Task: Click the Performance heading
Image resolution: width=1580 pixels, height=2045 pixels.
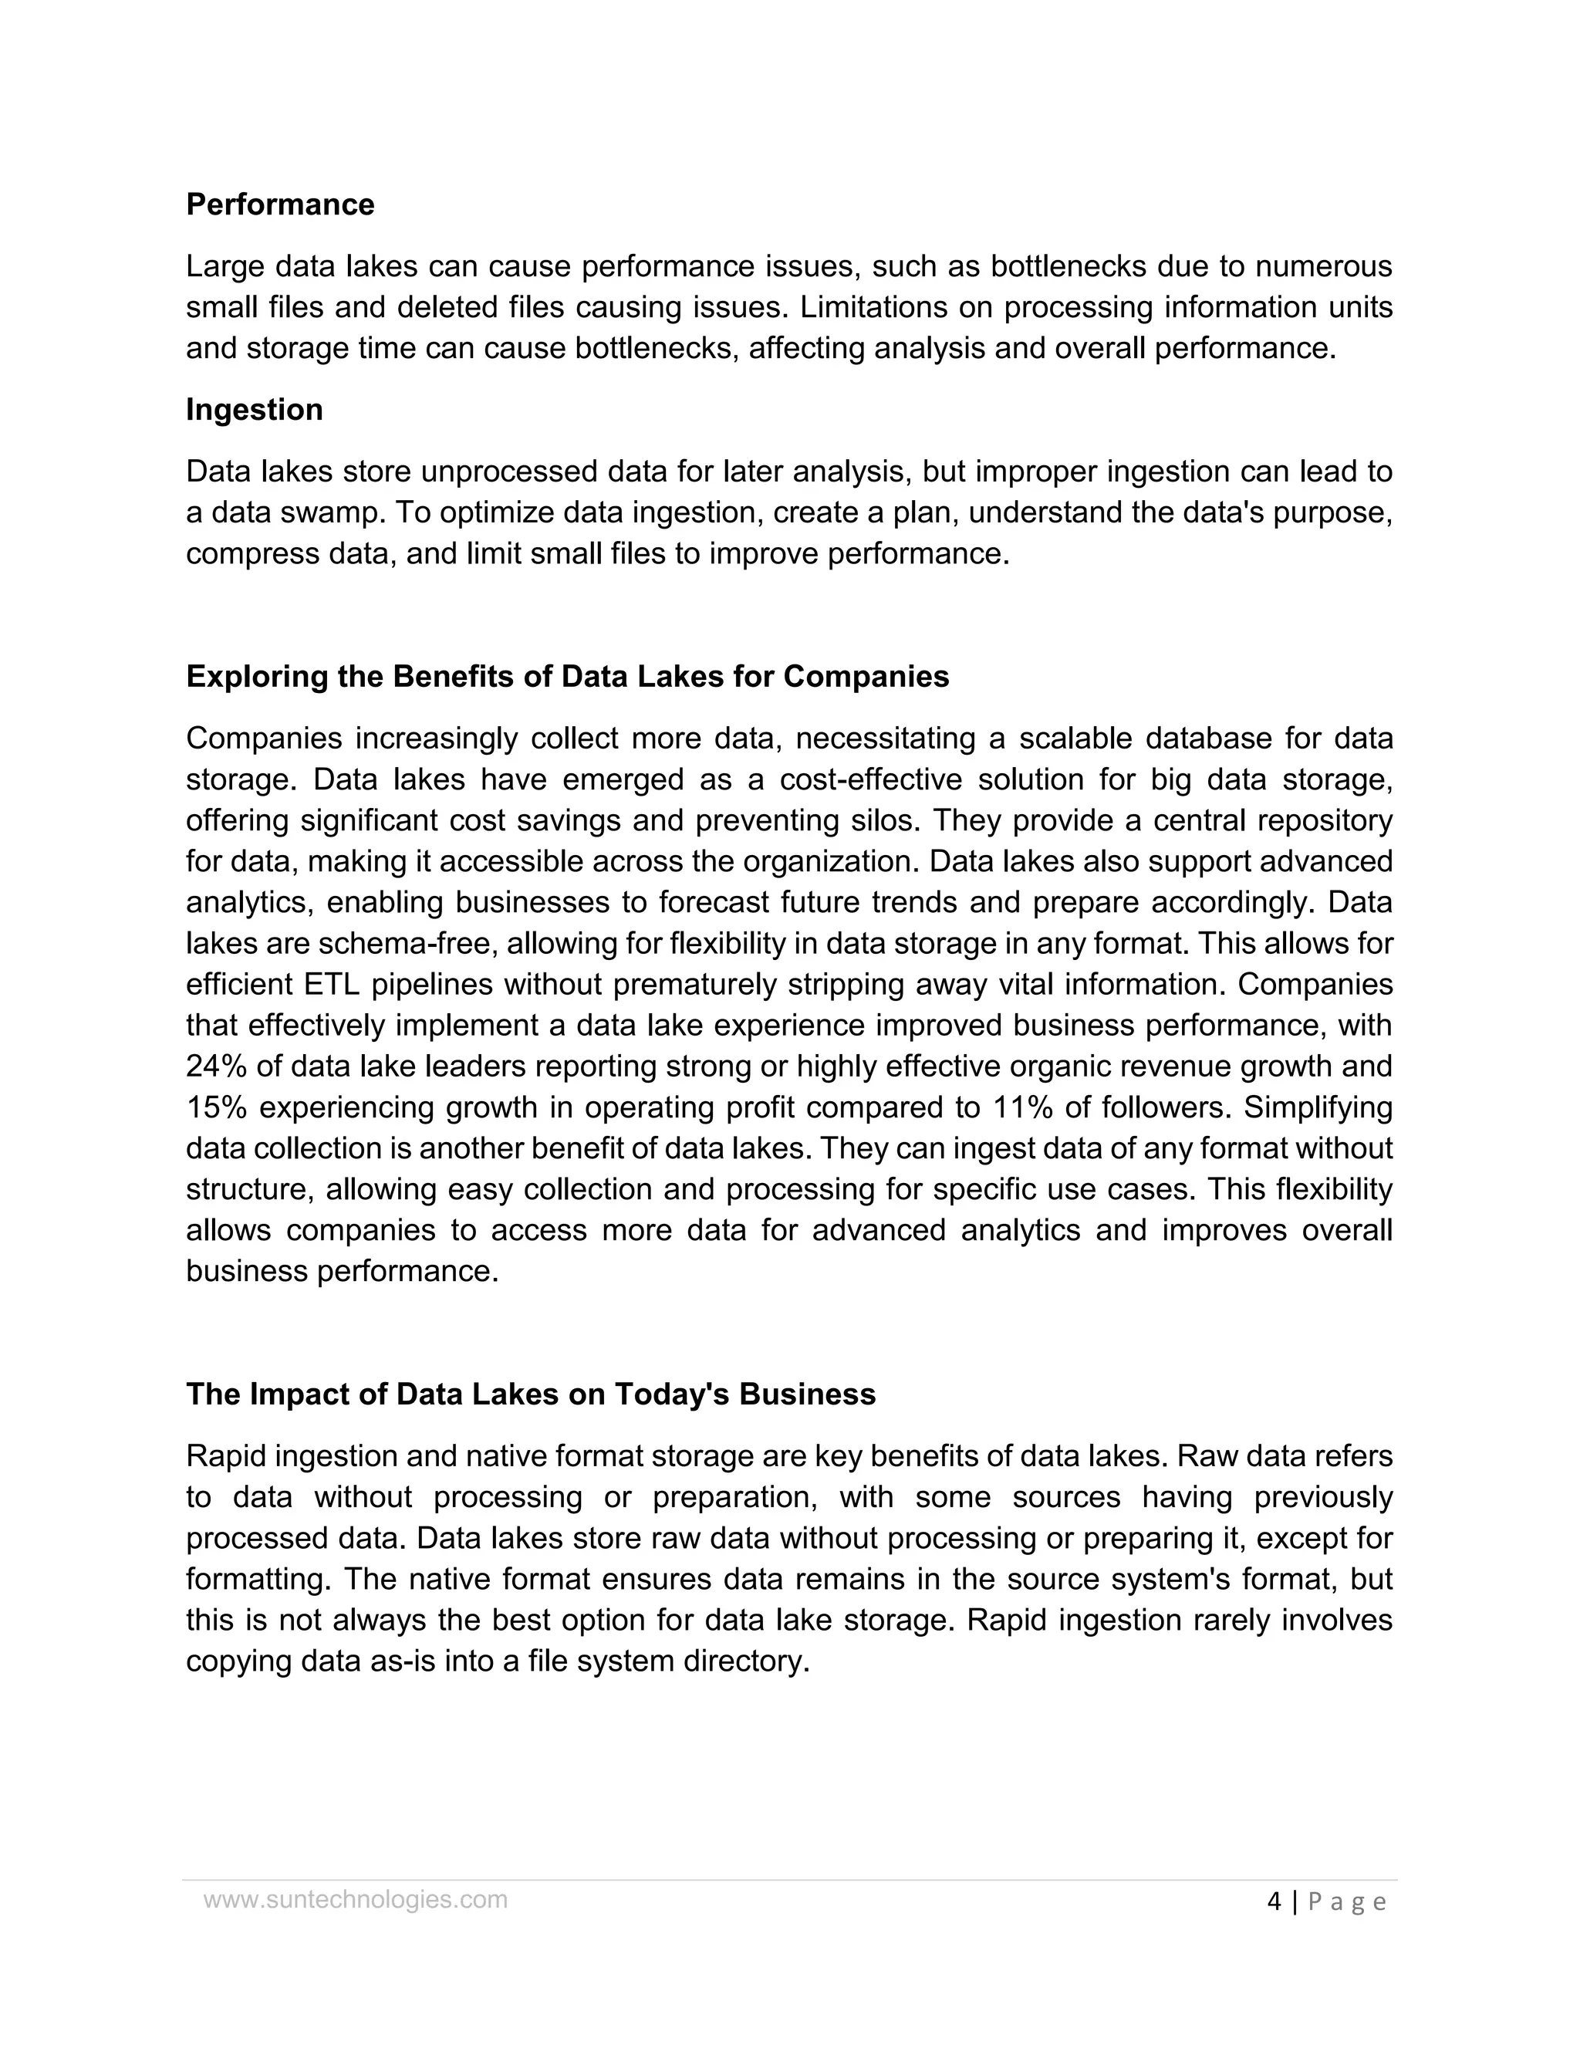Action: (x=280, y=204)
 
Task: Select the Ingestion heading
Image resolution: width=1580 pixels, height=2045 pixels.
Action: (x=254, y=409)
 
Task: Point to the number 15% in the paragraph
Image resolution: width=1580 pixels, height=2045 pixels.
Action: (x=214, y=1107)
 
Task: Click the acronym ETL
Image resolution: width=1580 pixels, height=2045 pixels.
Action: (x=333, y=984)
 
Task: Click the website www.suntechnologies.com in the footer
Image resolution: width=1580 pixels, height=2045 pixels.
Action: (x=356, y=1900)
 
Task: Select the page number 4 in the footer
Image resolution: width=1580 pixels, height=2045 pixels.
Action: (x=1274, y=1901)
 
